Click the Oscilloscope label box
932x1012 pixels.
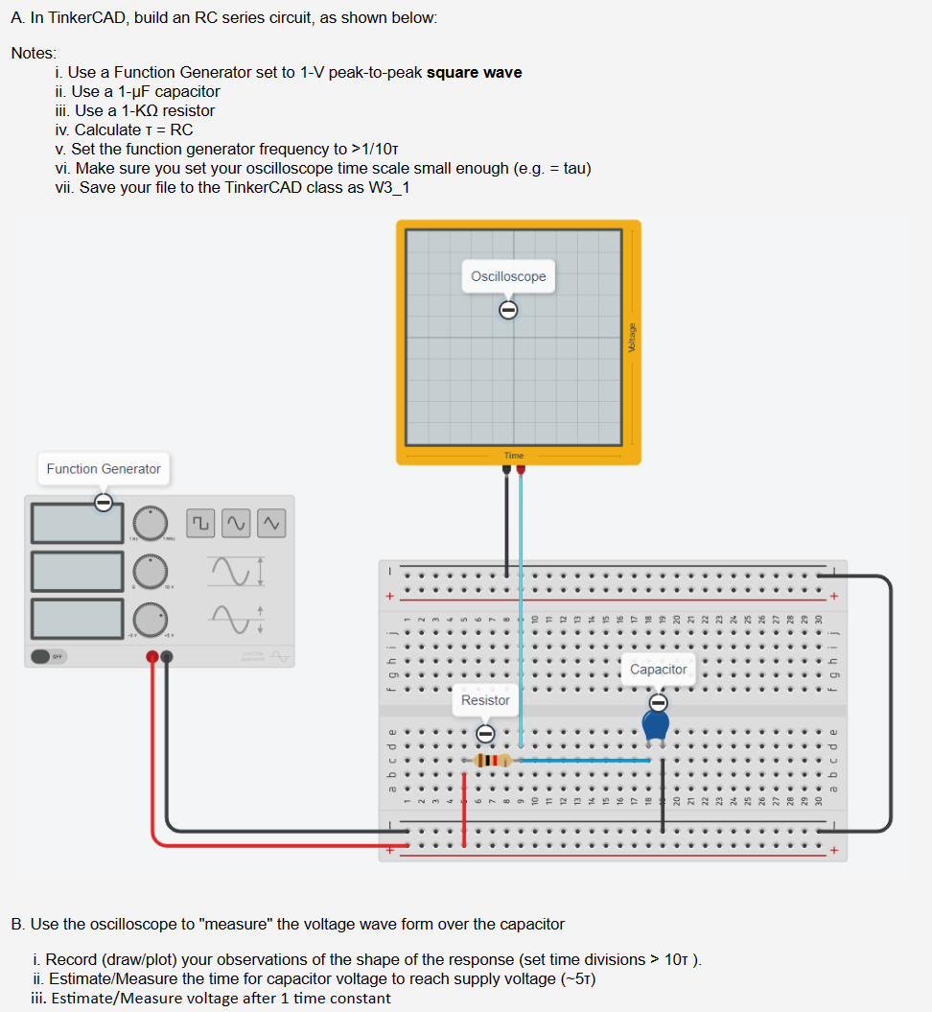coord(508,276)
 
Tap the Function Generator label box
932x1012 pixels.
coord(104,468)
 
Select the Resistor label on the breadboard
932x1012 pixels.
coord(485,700)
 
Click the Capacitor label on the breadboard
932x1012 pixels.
coord(658,669)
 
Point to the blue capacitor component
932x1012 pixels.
coord(657,723)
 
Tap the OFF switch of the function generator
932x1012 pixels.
coord(41,656)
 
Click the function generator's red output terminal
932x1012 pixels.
coord(151,656)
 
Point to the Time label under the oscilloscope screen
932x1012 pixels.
coord(514,455)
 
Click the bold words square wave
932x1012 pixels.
coord(474,73)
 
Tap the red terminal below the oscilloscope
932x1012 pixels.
coord(521,470)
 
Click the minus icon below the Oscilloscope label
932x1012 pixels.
coord(508,309)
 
